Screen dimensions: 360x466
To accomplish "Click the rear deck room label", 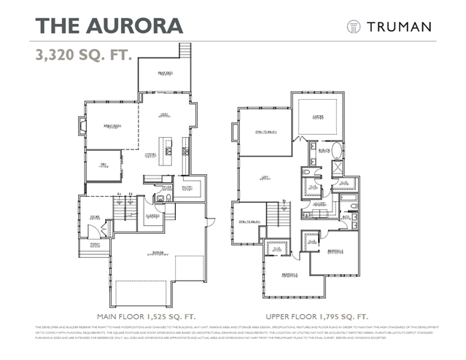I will (165, 73).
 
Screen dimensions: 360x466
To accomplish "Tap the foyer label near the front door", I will (95, 216).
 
